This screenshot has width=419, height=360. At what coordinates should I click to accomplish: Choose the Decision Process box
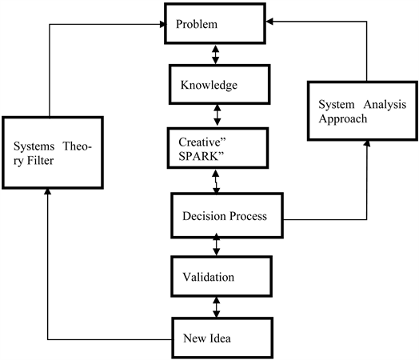click(229, 215)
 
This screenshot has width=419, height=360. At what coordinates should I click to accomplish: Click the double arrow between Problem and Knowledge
click(213, 55)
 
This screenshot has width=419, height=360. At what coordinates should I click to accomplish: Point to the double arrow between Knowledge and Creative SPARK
click(213, 114)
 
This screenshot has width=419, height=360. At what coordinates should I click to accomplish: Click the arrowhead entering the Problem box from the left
click(161, 25)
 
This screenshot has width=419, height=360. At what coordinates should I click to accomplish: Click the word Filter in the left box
click(28, 160)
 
